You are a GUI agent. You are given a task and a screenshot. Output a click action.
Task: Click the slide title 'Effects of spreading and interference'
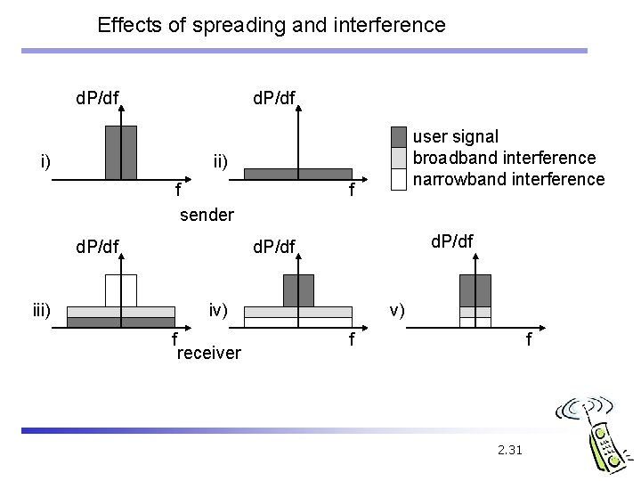[x=272, y=25]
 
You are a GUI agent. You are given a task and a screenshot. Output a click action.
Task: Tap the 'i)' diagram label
[x=44, y=161]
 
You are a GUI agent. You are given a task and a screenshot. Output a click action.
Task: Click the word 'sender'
[x=207, y=215]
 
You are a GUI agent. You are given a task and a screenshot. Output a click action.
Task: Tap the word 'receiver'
[x=209, y=354]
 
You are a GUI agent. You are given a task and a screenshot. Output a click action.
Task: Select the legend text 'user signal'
[x=457, y=136]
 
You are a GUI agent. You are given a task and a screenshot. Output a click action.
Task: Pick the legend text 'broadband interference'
[x=505, y=158]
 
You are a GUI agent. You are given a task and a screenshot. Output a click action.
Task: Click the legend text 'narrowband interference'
[x=509, y=179]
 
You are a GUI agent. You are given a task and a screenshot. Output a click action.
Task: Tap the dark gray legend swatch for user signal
[x=398, y=136]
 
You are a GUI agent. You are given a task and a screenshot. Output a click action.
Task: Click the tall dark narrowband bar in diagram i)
[x=121, y=152]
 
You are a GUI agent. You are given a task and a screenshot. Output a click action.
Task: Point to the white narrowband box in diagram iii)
[x=121, y=290]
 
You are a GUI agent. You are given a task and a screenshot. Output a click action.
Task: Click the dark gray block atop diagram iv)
[x=298, y=290]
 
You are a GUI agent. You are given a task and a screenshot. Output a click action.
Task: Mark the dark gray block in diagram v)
[x=475, y=289]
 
